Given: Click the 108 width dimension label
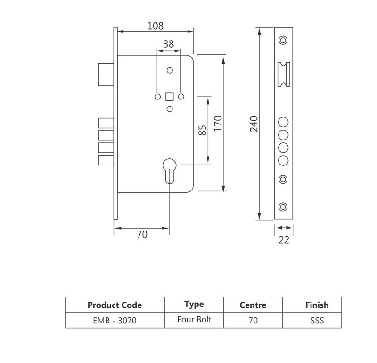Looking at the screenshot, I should [155, 25].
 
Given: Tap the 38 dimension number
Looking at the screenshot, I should [168, 44].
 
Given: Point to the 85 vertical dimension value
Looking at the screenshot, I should [203, 130].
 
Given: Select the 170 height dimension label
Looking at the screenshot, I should [217, 124].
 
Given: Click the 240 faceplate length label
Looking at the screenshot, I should [254, 124].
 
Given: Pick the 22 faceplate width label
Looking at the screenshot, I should [284, 240].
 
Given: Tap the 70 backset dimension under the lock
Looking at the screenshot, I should [142, 234].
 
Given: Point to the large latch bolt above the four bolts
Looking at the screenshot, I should [105, 74].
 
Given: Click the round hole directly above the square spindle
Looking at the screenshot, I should [170, 71].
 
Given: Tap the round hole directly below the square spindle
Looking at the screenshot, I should [170, 109].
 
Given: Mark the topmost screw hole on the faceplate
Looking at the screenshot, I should [283, 40].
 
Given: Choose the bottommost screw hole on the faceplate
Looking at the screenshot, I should [283, 206].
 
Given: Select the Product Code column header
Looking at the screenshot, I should [115, 305].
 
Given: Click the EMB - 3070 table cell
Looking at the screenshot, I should [115, 321].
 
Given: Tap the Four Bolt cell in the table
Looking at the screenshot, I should [194, 320].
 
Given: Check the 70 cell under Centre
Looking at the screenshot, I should [253, 321].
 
